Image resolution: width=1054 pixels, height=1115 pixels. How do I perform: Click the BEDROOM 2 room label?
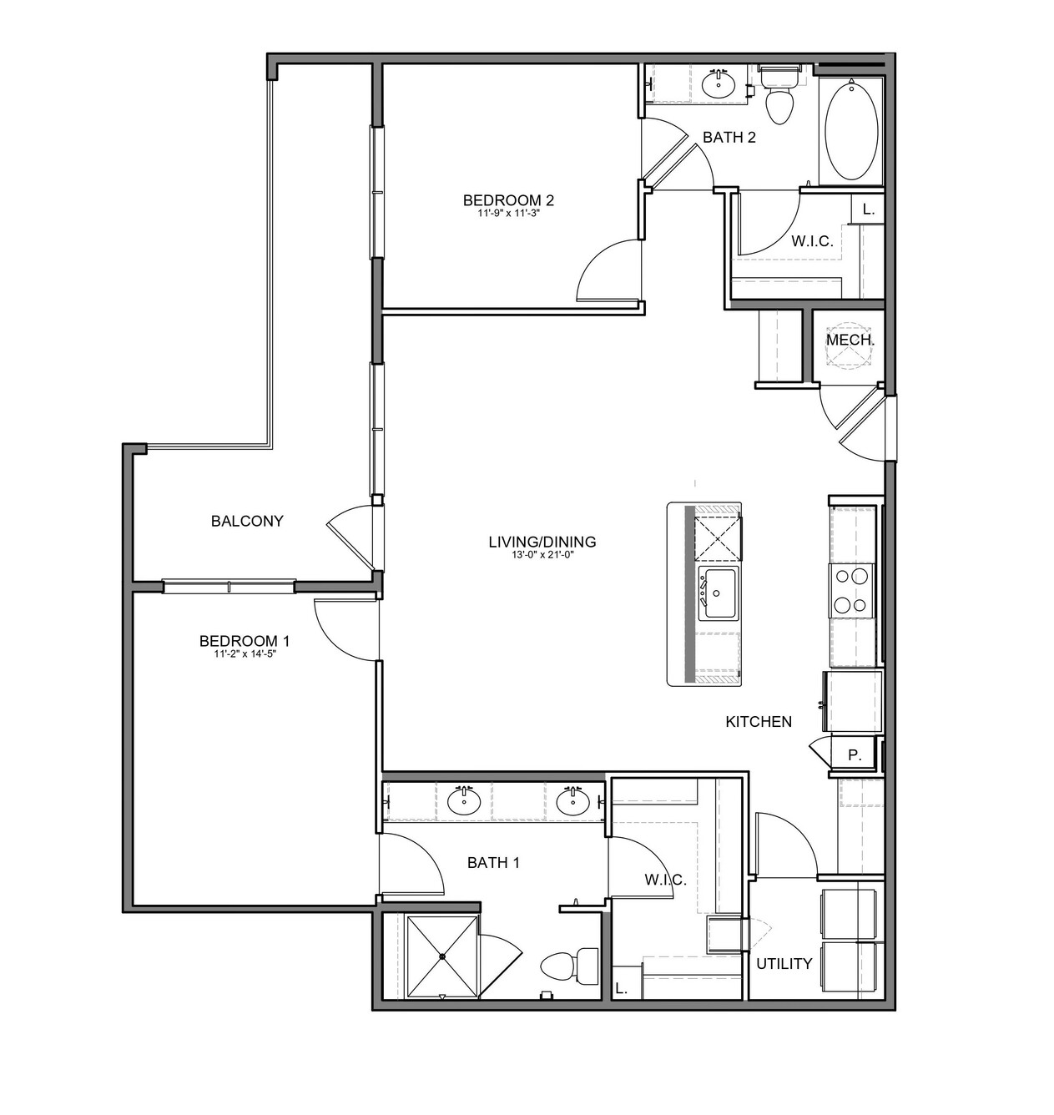(x=507, y=199)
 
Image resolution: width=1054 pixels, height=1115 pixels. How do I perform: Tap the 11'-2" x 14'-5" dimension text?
(x=245, y=653)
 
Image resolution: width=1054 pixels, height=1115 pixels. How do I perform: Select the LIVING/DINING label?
(x=542, y=542)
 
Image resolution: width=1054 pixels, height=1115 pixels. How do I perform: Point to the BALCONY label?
(x=247, y=521)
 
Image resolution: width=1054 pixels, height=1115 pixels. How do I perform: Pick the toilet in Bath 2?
(x=779, y=94)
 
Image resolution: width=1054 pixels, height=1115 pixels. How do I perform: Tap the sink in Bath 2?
(x=719, y=84)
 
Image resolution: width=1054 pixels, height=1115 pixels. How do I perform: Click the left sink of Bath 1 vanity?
(x=464, y=800)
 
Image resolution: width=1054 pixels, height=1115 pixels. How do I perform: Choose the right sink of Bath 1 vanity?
(x=573, y=800)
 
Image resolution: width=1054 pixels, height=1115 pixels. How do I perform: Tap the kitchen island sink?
(x=718, y=593)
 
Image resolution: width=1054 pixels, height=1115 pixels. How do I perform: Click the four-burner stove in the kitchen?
(x=851, y=590)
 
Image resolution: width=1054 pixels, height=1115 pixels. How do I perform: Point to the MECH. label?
(x=850, y=341)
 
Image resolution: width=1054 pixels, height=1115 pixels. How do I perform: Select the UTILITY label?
(x=784, y=964)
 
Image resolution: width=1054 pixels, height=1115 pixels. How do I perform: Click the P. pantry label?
(x=855, y=755)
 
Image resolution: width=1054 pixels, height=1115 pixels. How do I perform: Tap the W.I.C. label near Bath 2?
(x=812, y=241)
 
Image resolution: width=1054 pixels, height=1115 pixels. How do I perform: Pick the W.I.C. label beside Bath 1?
(x=665, y=880)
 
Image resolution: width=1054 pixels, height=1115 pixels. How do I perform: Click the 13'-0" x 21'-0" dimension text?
(x=542, y=555)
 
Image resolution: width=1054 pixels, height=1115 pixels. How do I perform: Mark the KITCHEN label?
(x=759, y=721)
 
